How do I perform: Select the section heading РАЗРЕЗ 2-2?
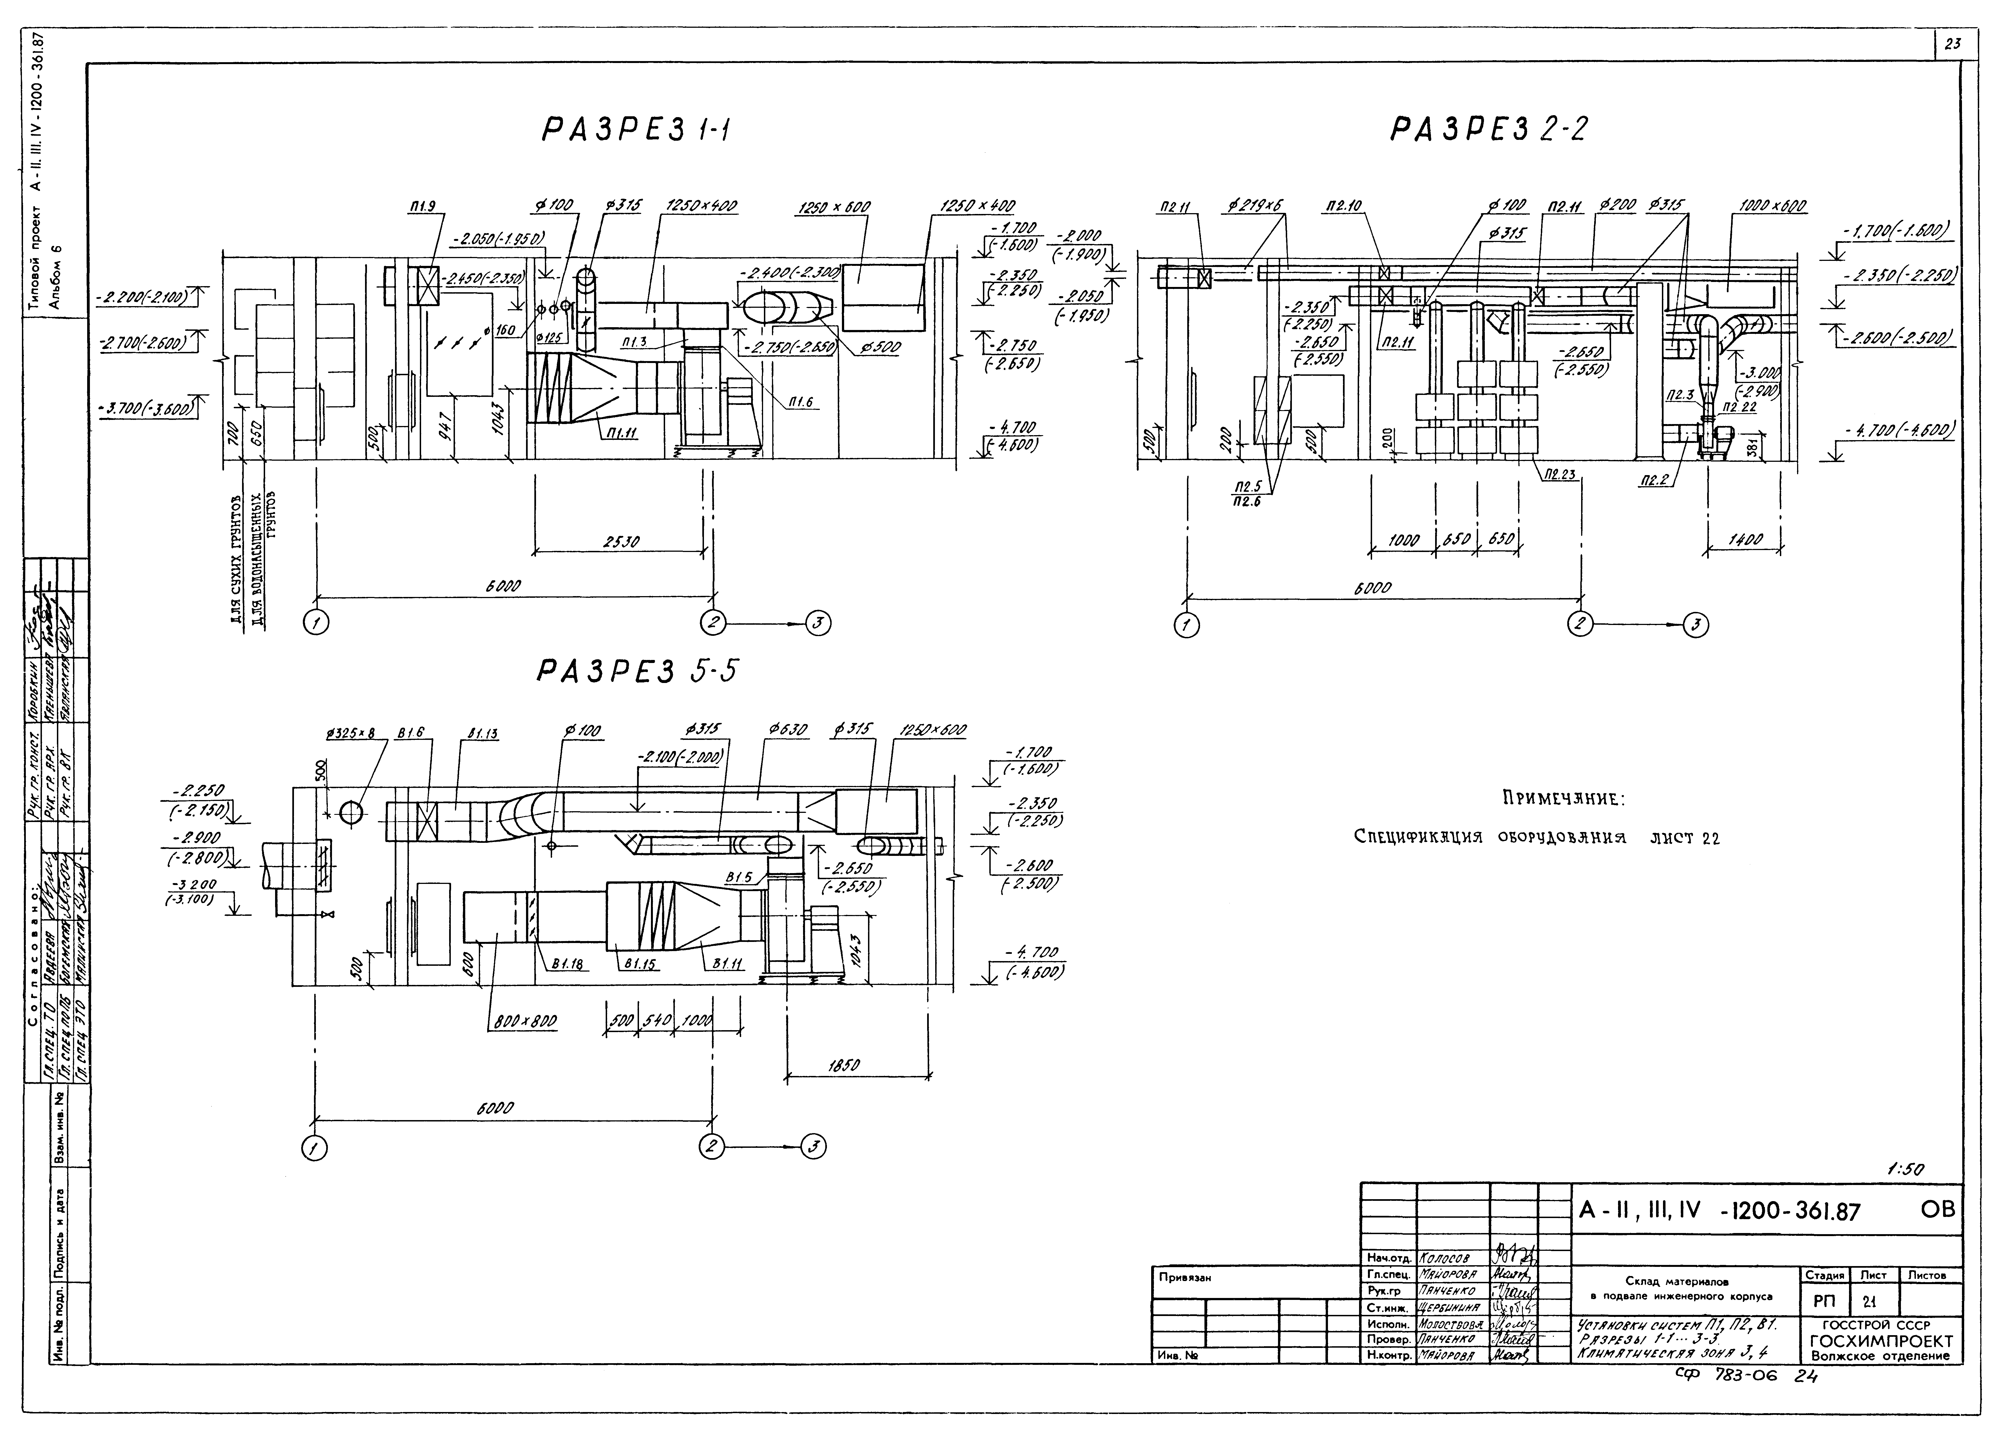point(1488,130)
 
